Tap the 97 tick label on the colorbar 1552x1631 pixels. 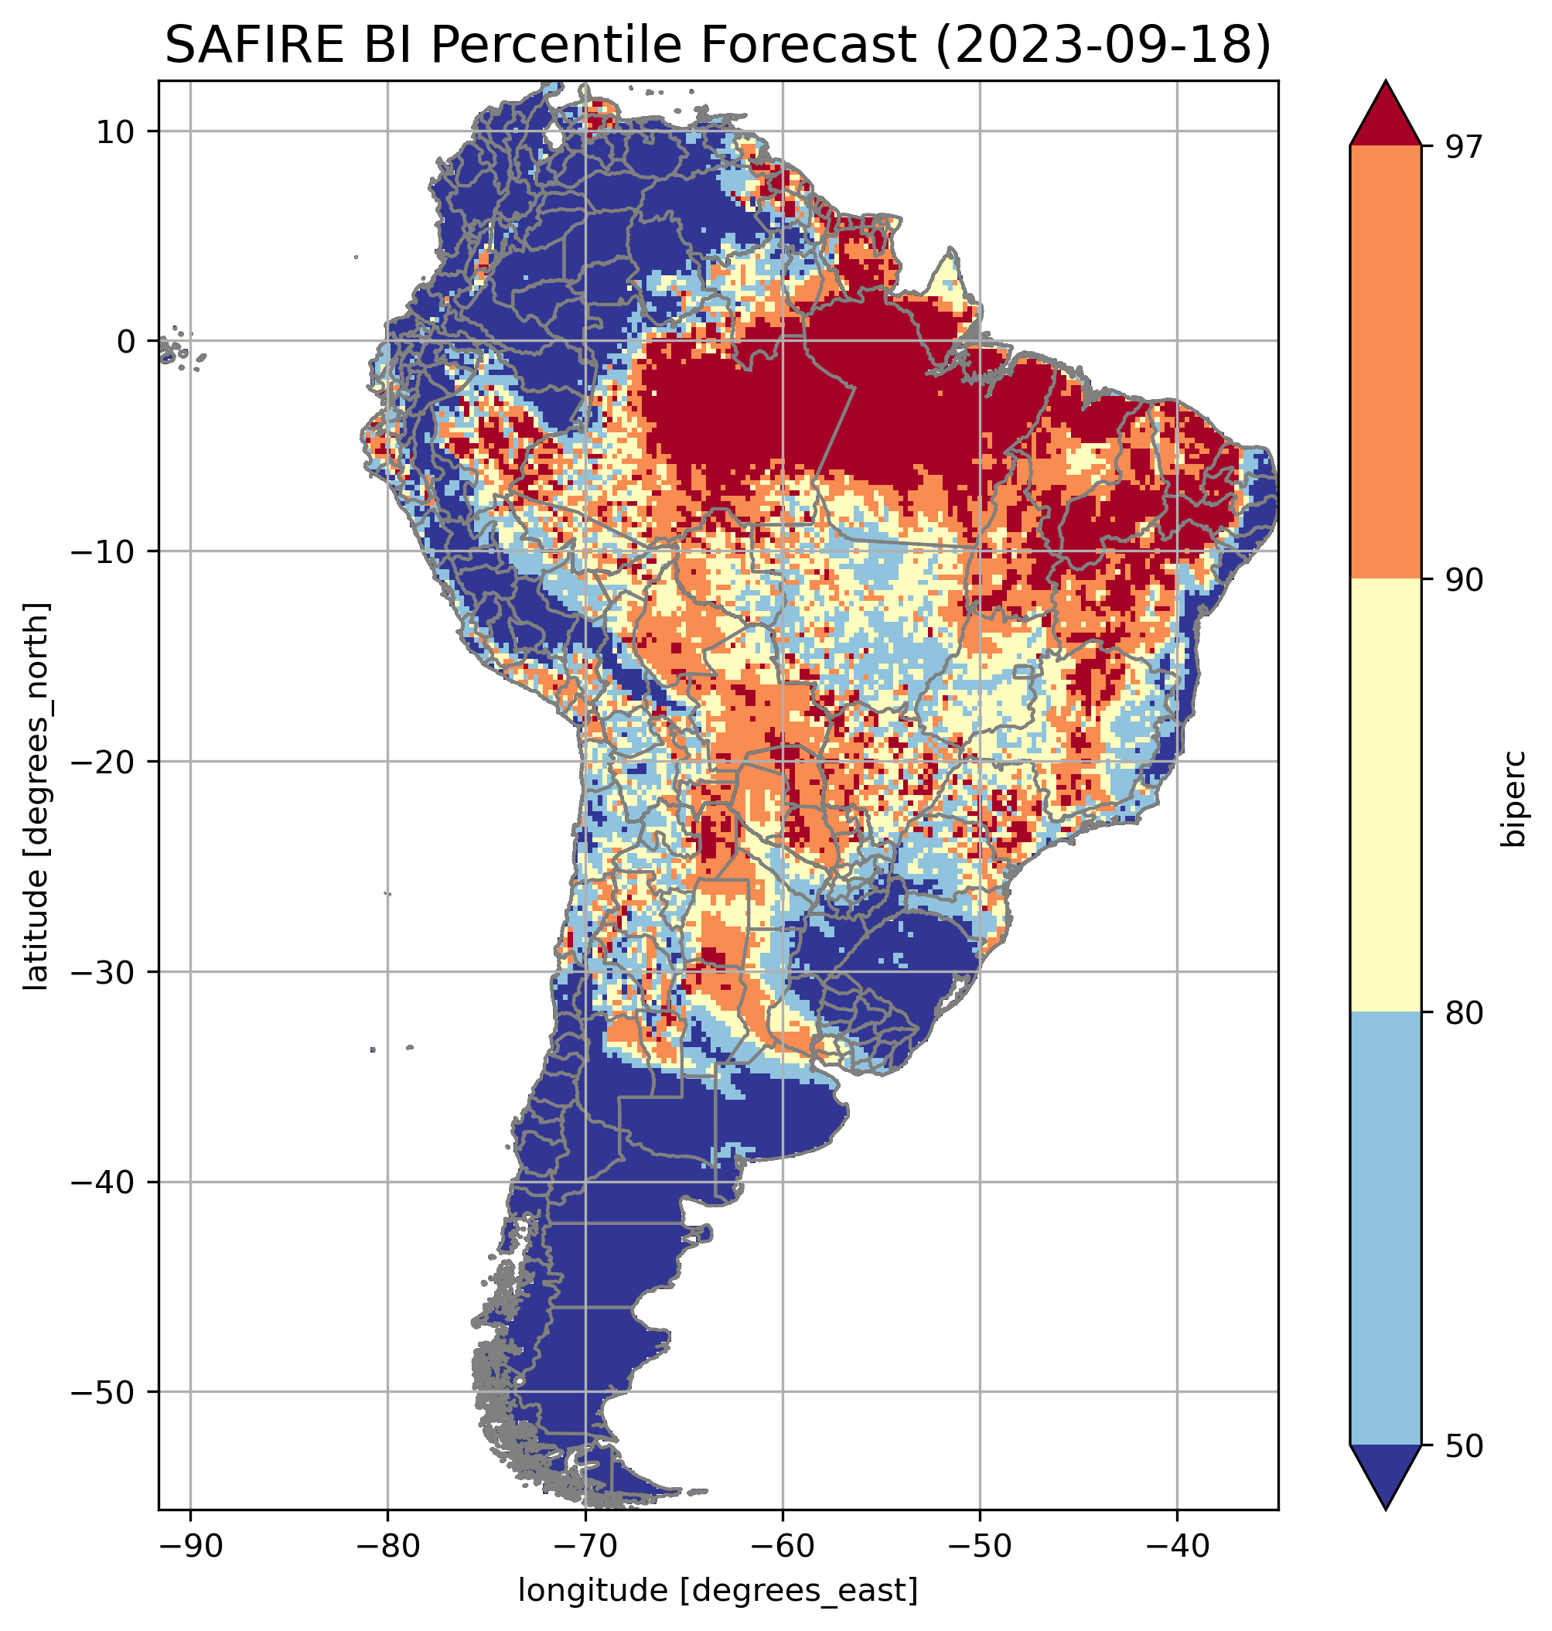tap(1462, 146)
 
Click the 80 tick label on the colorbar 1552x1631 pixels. tap(1462, 1013)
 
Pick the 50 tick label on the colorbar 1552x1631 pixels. tap(1462, 1446)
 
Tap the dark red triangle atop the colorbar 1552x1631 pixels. tap(1385, 116)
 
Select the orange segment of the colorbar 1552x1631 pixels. tap(1385, 363)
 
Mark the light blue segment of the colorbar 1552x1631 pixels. tap(1385, 1229)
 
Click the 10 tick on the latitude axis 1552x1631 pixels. tap(117, 131)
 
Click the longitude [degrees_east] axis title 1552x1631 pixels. tap(718, 1589)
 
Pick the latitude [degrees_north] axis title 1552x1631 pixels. tap(36, 796)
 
